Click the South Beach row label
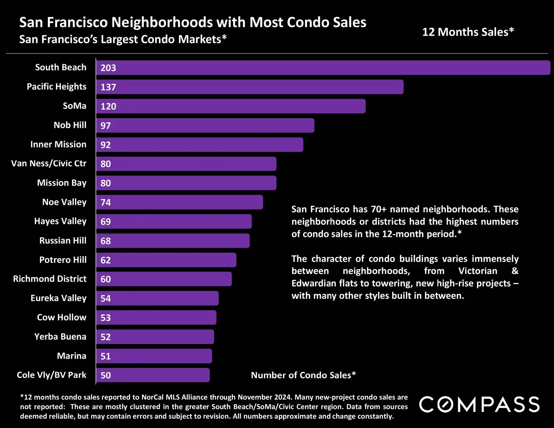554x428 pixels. coord(61,67)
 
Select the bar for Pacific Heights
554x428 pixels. coord(250,87)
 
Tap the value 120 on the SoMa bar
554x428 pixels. coord(108,106)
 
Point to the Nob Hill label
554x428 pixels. coord(70,125)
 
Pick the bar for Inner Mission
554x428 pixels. coord(199,145)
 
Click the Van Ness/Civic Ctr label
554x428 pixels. coord(49,163)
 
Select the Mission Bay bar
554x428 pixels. coord(186,183)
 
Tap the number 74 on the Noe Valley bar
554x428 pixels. coord(106,203)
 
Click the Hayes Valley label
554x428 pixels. coord(60,221)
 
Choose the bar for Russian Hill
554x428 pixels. coord(173,241)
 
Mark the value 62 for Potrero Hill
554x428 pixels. coord(106,260)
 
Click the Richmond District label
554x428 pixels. coord(50,279)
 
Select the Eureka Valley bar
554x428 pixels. coord(157,298)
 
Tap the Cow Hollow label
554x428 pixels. coord(62,317)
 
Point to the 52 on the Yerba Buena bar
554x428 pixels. coord(106,337)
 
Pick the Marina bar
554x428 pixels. coord(154,356)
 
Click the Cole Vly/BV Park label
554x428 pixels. coord(52,375)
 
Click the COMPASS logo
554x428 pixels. coord(479,405)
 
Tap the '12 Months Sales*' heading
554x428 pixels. coord(468,32)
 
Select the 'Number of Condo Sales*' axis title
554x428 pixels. coord(303,375)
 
